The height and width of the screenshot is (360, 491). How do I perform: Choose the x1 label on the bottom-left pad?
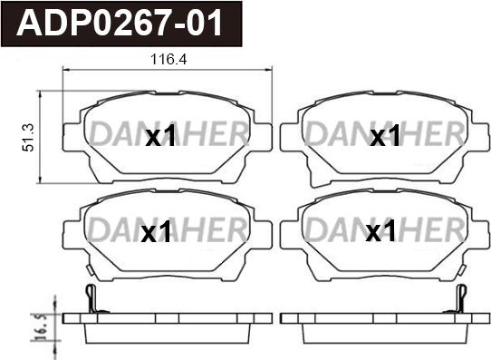[x=157, y=232]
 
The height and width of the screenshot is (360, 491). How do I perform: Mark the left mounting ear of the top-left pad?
[x=70, y=135]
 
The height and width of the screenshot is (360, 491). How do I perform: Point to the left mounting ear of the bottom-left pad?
[x=70, y=229]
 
